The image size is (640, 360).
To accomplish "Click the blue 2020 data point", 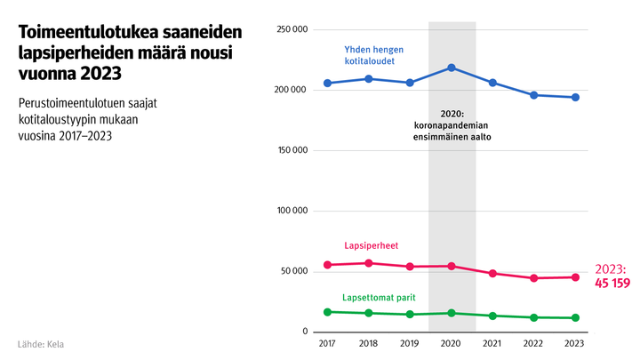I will point(452,68).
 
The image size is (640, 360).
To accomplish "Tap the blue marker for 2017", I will point(328,84).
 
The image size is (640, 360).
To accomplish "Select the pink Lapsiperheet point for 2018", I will point(369,263).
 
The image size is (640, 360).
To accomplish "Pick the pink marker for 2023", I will point(575,277).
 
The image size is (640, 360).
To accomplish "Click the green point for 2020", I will point(452,313).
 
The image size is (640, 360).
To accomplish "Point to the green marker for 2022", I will point(534,317).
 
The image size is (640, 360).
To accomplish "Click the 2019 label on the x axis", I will point(410,343).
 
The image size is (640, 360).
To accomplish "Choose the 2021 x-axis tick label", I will point(492,343).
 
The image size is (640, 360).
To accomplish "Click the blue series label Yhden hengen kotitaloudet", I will point(370,55).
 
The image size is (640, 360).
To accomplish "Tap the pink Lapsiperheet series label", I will point(370,245).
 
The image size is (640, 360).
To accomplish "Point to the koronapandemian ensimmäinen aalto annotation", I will point(452,126).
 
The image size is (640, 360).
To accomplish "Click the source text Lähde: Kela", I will point(41,343).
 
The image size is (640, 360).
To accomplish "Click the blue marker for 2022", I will point(534,95).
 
